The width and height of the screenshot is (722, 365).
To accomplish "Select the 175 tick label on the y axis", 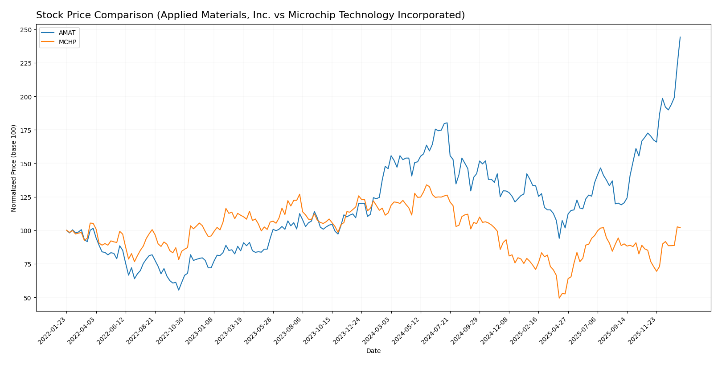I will coord(26,130).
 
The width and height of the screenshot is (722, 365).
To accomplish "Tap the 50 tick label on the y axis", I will coord(28,298).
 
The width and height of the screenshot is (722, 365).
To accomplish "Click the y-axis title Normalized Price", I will coord(14,168).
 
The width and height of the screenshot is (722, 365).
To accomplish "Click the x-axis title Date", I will coord(373,351).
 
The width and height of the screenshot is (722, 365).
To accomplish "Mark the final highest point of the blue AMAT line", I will coord(680,37).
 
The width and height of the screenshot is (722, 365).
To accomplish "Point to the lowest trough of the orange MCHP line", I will coord(559,298).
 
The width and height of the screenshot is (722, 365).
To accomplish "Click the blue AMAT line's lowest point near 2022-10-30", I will coord(179,290).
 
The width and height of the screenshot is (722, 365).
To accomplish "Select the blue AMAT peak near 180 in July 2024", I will coord(447,123).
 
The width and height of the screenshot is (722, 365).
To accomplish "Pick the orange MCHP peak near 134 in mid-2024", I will coord(427,185).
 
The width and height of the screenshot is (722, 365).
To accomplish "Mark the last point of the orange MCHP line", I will coord(680,228).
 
